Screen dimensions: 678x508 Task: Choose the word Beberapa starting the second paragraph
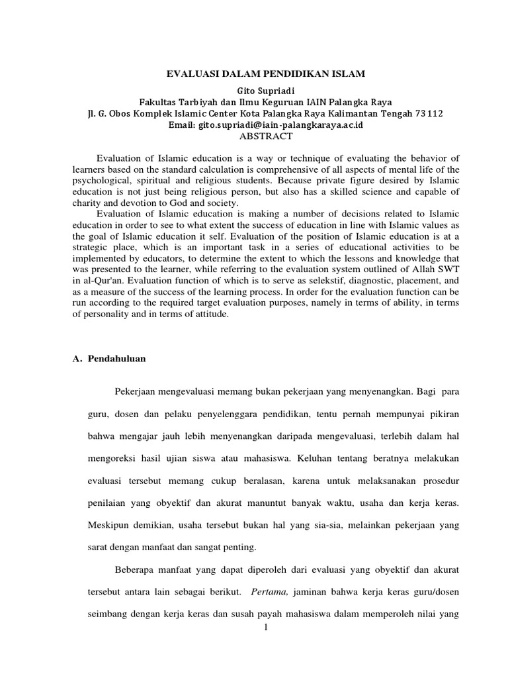point(136,569)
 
